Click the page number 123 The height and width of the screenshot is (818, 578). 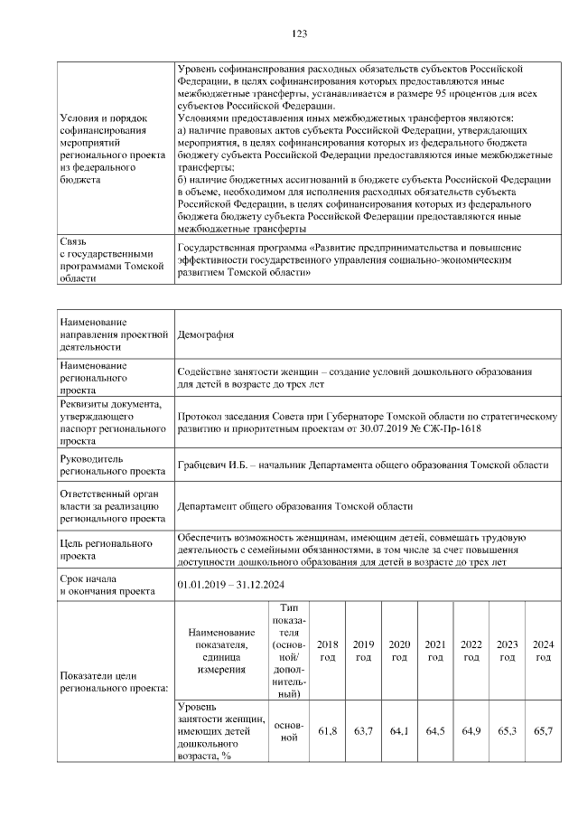(x=300, y=33)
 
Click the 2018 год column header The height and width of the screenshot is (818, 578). (x=328, y=650)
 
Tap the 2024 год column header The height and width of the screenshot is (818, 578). (x=543, y=650)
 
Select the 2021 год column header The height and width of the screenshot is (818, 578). (x=435, y=650)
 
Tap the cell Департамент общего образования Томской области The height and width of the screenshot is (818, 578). (x=295, y=507)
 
